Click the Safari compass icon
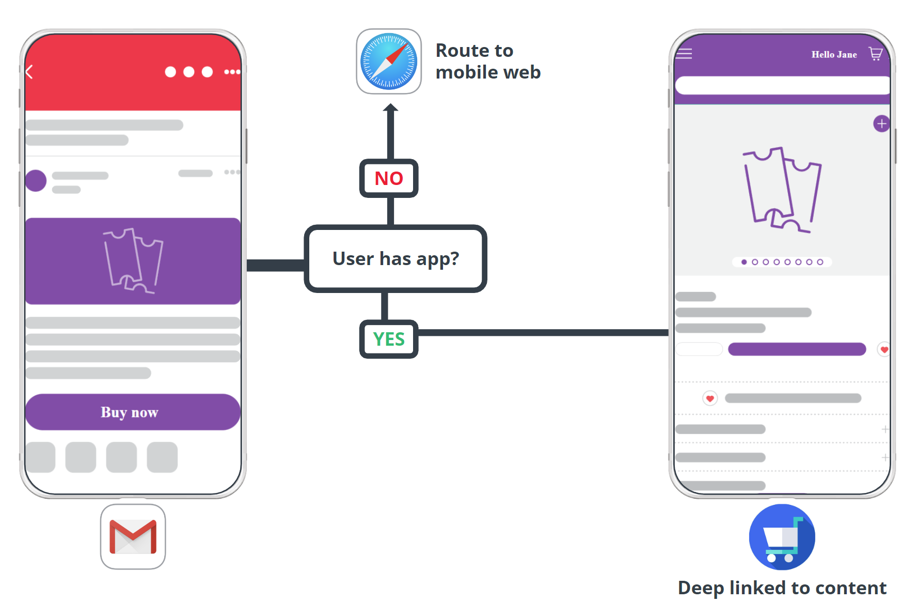(x=389, y=61)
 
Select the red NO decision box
(x=389, y=178)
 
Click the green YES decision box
(x=389, y=339)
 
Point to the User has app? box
(x=396, y=258)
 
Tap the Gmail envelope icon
(x=133, y=537)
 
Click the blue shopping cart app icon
(x=782, y=537)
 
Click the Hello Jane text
(x=834, y=54)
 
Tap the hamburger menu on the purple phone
(x=684, y=54)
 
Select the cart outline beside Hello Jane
(x=876, y=54)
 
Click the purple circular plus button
(x=881, y=124)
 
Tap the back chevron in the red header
(x=29, y=72)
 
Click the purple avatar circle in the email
(x=36, y=181)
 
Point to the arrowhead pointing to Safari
(x=391, y=107)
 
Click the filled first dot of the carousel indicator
(x=744, y=262)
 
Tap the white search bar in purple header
(x=782, y=85)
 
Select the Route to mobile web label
(x=487, y=61)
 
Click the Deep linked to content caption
(x=782, y=588)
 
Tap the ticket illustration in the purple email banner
(x=133, y=260)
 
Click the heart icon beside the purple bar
(x=884, y=350)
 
